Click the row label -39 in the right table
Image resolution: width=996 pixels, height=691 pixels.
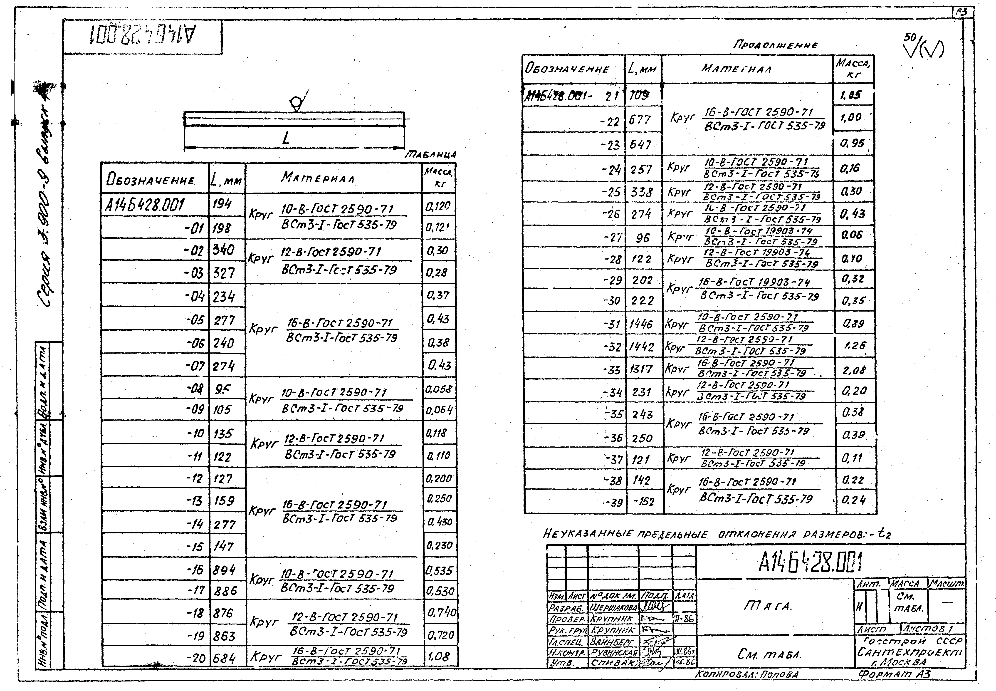pyautogui.click(x=614, y=502)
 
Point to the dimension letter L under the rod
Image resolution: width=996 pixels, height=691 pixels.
pyautogui.click(x=286, y=139)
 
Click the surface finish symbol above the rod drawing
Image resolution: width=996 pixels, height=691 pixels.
pyautogui.click(x=298, y=102)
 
